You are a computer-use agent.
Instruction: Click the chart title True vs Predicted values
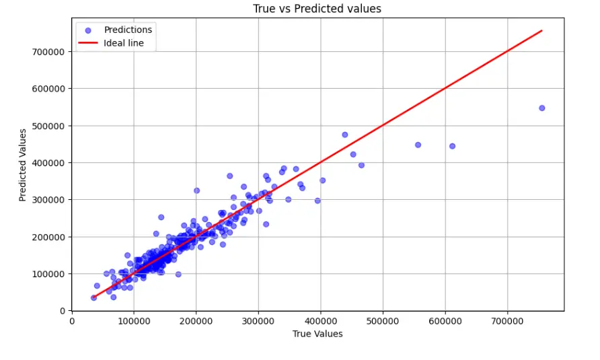317,9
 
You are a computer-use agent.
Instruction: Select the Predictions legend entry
128,30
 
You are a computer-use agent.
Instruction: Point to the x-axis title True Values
317,334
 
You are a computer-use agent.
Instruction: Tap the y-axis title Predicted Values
23,164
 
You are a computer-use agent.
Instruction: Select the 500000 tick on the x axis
383,322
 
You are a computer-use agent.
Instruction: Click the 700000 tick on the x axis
507,322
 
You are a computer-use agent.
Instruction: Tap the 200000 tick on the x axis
196,322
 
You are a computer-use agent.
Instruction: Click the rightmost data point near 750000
541,108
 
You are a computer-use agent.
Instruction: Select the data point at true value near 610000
452,146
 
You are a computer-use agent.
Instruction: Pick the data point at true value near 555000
418,145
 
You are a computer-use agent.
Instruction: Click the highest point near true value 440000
345,135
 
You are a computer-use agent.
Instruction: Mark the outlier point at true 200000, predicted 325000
196,190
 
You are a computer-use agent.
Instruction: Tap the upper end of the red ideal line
541,30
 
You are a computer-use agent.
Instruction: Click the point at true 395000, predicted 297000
317,201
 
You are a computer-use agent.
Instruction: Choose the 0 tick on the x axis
72,322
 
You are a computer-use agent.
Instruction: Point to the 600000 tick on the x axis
445,322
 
